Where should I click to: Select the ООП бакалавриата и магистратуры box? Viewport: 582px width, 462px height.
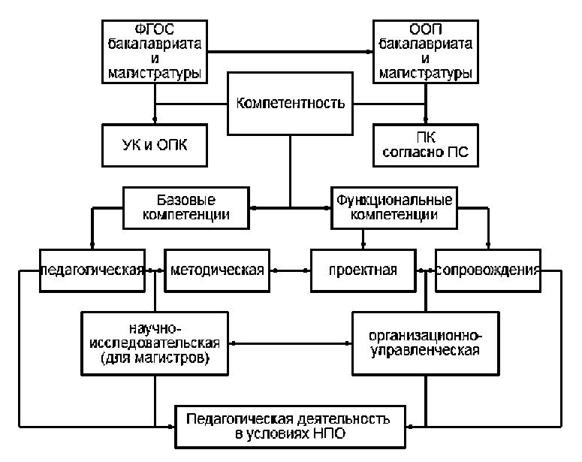pyautogui.click(x=425, y=50)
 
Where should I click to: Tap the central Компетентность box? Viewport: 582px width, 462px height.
pyautogui.click(x=290, y=103)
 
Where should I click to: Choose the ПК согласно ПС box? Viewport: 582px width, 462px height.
pyautogui.click(x=426, y=145)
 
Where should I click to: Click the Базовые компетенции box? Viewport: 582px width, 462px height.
pyautogui.click(x=185, y=208)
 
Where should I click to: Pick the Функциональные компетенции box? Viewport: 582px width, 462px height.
pyautogui.click(x=394, y=208)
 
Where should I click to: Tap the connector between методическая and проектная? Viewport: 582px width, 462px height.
pyautogui.click(x=289, y=269)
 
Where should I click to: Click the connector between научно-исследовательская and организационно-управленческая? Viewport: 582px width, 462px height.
pyautogui.click(x=290, y=343)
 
